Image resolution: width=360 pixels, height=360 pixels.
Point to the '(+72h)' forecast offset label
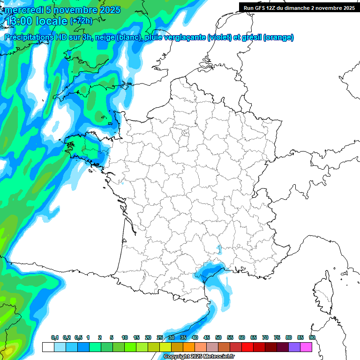(x=80, y=21)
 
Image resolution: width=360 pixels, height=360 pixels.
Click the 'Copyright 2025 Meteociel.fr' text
(x=199, y=357)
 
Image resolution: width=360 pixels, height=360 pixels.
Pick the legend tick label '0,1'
(x=54, y=338)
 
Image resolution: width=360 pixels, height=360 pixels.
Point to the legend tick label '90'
(x=312, y=338)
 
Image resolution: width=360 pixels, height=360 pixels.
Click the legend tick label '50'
(x=218, y=338)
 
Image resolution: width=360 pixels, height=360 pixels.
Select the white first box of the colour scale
(x=48, y=347)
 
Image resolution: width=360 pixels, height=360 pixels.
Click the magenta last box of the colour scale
(x=306, y=347)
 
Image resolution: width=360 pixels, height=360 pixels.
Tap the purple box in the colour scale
(x=294, y=347)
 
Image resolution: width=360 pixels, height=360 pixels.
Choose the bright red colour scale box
(x=247, y=347)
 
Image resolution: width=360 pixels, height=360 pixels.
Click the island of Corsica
(x=322, y=293)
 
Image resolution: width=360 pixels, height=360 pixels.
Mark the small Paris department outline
(x=185, y=133)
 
